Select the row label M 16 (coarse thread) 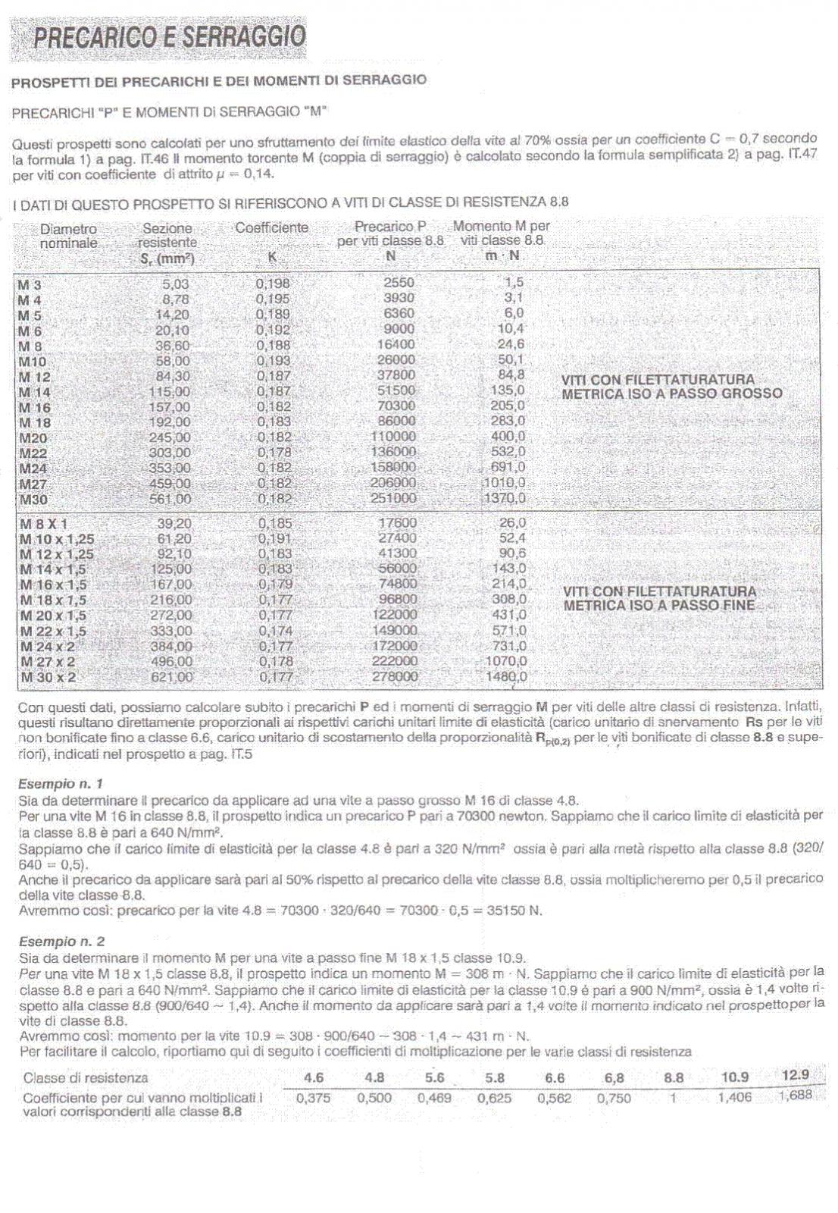(x=35, y=407)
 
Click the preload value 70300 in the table (x=396, y=406)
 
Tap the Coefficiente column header (x=271, y=227)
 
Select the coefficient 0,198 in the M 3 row (x=273, y=284)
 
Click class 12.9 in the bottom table (x=795, y=1074)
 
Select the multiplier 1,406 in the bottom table (x=734, y=1097)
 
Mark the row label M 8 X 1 (x=43, y=523)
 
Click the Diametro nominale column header (x=68, y=235)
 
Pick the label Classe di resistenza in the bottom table (x=86, y=1077)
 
